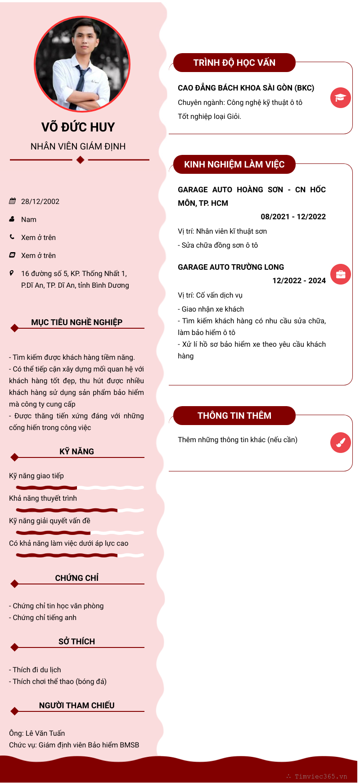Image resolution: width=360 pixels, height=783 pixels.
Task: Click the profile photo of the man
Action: [82, 64]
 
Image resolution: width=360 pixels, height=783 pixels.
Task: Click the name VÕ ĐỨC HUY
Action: [78, 127]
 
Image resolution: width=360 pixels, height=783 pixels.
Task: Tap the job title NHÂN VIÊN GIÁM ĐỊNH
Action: [78, 146]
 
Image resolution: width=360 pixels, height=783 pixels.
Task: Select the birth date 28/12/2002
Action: [40, 202]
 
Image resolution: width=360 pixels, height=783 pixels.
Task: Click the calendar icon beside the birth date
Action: [12, 201]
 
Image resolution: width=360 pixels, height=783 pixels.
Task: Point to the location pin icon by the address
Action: [12, 273]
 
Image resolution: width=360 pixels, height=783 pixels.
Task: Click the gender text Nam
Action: [29, 220]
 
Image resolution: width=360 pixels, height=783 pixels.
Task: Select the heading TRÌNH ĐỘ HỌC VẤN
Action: [234, 63]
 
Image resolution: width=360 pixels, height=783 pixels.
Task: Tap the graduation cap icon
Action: [340, 98]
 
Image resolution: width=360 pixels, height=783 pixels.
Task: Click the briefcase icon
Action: [340, 274]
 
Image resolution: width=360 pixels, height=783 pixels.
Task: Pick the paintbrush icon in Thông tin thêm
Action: [340, 443]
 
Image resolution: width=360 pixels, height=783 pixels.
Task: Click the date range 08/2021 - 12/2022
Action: [293, 217]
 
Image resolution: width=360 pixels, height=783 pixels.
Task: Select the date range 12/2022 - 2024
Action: [299, 281]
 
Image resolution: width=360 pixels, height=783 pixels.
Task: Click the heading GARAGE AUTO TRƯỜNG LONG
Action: [231, 267]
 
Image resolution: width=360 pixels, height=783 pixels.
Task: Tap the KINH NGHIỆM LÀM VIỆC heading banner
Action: [234, 164]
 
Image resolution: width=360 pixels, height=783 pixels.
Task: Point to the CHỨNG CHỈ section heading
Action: [77, 578]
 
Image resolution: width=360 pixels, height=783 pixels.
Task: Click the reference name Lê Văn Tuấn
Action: [45, 733]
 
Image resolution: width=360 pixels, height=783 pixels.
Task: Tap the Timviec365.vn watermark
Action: [320, 776]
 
